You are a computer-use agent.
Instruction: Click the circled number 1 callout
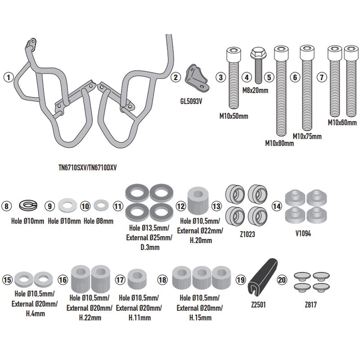[x=8, y=77]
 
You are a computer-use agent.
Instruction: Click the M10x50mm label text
[x=234, y=116]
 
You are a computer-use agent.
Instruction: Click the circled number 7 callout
[x=321, y=77]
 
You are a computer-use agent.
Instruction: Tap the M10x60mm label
[x=342, y=122]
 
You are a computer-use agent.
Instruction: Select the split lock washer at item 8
[x=27, y=207]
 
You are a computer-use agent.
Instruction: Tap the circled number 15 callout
[x=8, y=279]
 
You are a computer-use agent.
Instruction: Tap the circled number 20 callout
[x=283, y=279]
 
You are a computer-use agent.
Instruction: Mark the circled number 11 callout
[x=118, y=207]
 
